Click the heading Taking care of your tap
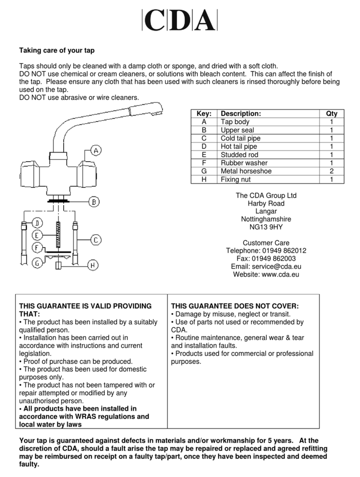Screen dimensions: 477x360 pos(57,50)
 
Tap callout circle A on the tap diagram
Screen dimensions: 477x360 pos(96,151)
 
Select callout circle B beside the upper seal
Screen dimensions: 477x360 pos(93,202)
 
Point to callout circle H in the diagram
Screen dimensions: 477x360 pos(92,266)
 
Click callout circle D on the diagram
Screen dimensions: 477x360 pos(37,222)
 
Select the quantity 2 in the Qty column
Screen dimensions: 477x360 pos(331,171)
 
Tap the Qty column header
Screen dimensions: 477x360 pos(331,114)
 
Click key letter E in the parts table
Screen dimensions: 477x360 pos(204,155)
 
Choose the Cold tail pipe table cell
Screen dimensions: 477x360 pos(241,139)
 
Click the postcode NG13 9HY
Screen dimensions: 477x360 pos(266,227)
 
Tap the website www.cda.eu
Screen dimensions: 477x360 pos(279,274)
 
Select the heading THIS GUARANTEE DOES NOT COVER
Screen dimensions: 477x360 pos(235,306)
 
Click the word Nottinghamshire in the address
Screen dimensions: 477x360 pos(266,219)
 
